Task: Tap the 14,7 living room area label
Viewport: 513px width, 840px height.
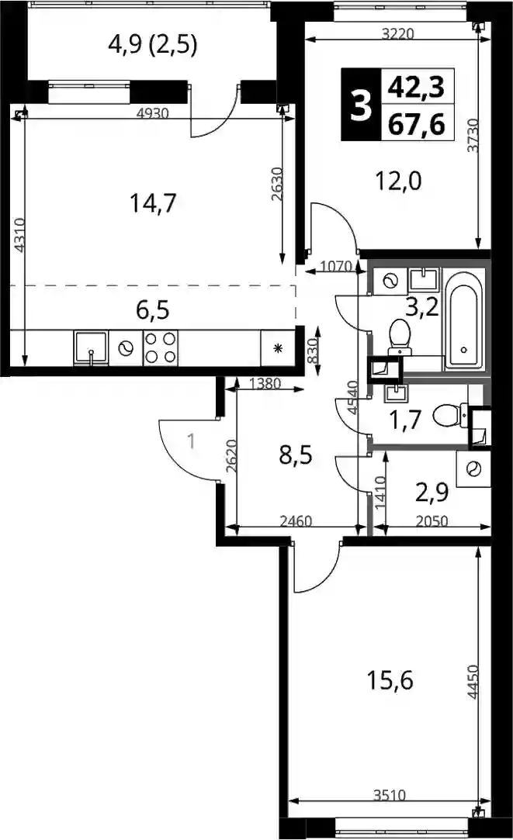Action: (154, 203)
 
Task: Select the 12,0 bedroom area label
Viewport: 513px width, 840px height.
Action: (398, 181)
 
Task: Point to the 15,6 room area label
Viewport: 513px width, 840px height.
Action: (390, 681)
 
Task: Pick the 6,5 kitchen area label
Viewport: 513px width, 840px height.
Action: (153, 310)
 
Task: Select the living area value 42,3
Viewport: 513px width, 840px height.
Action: (417, 88)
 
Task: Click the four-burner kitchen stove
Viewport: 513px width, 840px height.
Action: (161, 347)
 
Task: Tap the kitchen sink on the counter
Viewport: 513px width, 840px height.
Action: (91, 348)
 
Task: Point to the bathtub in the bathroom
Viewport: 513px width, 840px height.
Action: (465, 320)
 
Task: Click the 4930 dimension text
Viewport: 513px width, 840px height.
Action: (154, 113)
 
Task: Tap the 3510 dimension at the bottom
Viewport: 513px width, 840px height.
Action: (389, 795)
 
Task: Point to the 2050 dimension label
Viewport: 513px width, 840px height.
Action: (432, 520)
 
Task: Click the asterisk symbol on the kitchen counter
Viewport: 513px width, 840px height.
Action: (278, 348)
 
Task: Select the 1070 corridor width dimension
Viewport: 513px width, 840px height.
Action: (335, 266)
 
